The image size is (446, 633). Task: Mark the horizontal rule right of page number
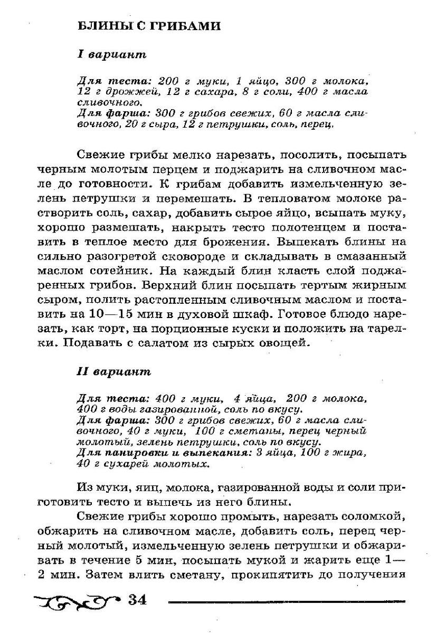[x=288, y=601]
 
